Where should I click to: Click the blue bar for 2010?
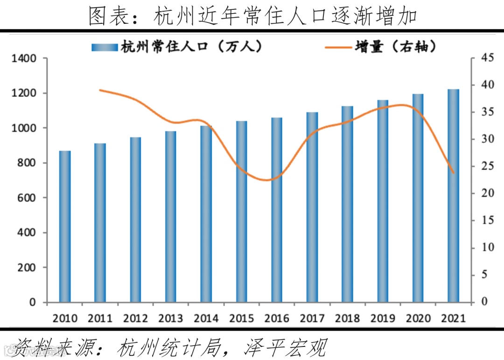point(65,226)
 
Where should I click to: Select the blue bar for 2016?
point(277,210)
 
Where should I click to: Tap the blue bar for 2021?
point(453,196)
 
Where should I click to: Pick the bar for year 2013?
point(171,217)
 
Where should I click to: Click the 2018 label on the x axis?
point(347,318)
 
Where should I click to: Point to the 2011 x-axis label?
point(100,318)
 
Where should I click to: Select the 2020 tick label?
point(418,318)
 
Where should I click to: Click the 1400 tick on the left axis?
point(23,58)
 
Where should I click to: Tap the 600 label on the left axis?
point(26,198)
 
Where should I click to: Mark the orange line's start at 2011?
point(100,90)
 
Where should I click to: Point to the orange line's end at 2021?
point(453,173)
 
